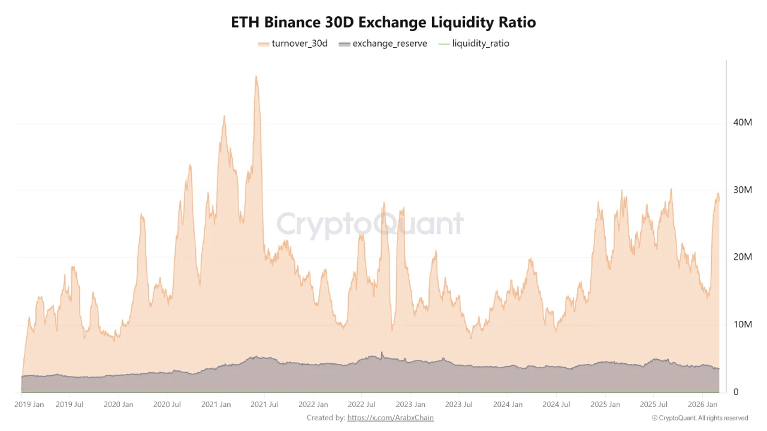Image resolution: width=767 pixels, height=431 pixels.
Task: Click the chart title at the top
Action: point(383,22)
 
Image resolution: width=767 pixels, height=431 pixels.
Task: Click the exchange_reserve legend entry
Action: point(383,44)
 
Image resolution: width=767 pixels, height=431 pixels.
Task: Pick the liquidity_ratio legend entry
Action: point(474,44)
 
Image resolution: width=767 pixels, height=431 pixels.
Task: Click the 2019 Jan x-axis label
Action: point(29,405)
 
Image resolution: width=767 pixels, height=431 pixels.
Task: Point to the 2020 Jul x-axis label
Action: point(167,405)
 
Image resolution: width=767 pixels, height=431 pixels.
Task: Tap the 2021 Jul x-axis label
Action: point(264,405)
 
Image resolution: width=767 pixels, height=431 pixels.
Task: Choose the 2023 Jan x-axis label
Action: point(412,405)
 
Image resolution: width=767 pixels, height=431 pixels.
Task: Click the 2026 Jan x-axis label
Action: point(702,405)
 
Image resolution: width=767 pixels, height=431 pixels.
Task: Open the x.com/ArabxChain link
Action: point(390,418)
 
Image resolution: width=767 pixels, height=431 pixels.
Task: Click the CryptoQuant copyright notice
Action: point(699,418)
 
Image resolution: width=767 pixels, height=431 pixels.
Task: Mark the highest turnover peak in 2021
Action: point(256,77)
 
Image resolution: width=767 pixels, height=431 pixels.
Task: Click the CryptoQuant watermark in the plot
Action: point(370,224)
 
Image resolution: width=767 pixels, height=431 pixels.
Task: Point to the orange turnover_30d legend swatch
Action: point(263,44)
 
